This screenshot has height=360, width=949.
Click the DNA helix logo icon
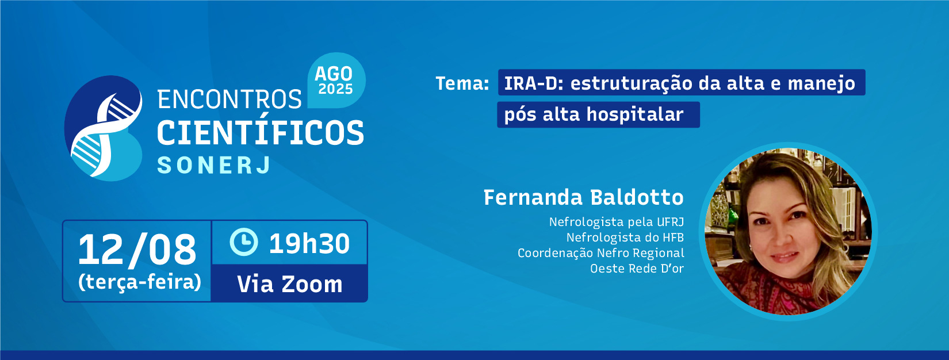104,128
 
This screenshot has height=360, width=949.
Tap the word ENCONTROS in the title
229,99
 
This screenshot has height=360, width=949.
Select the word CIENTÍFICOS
261,133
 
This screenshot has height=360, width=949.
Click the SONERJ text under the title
214,165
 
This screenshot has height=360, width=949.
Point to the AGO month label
334,74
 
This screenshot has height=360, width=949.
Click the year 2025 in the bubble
335,89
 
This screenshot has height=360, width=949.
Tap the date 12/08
137,250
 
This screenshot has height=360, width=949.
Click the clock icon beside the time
244,242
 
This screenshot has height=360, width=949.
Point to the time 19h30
309,243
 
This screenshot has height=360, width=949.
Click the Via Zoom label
290,284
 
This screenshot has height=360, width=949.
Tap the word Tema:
462,83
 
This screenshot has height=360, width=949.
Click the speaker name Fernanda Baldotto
583,197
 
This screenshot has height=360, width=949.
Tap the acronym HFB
673,238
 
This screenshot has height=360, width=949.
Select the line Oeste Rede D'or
637,269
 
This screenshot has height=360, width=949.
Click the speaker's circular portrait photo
788,231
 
